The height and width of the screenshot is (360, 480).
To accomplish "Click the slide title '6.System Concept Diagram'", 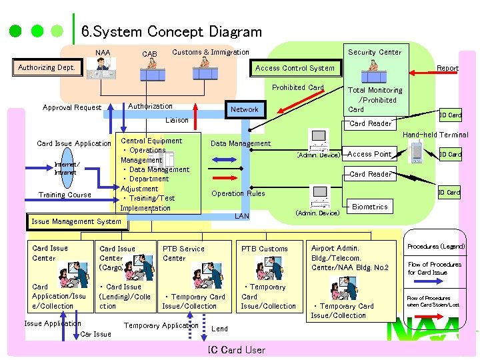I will [171, 31].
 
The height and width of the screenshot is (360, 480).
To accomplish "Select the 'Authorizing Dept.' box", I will [47, 67].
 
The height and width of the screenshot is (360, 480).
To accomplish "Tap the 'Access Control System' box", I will [295, 68].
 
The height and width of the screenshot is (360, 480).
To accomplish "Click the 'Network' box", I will [244, 109].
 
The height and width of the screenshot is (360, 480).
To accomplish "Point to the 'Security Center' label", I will [375, 52].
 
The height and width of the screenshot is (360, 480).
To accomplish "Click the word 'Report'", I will [447, 68].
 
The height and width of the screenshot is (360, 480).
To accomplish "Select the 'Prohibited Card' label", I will [298, 87].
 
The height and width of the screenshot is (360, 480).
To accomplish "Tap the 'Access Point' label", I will [369, 154].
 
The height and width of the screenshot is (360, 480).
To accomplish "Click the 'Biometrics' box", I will [370, 207].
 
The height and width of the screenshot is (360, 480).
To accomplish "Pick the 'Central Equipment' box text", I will [151, 141].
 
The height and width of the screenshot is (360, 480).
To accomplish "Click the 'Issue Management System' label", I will [77, 221].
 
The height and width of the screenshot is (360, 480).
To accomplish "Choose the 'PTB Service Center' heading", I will [183, 253].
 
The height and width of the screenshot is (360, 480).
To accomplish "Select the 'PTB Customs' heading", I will [265, 249].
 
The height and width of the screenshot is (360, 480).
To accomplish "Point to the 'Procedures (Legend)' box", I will [436, 247].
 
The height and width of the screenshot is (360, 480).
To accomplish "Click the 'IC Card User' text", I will [236, 350].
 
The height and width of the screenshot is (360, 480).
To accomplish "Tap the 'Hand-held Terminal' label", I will [435, 135].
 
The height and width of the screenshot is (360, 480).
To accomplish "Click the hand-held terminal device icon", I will [417, 153].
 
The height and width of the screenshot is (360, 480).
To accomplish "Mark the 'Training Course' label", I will [65, 195].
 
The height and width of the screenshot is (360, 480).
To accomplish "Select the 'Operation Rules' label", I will [238, 193].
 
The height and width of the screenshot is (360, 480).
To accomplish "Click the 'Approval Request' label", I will [72, 107].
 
